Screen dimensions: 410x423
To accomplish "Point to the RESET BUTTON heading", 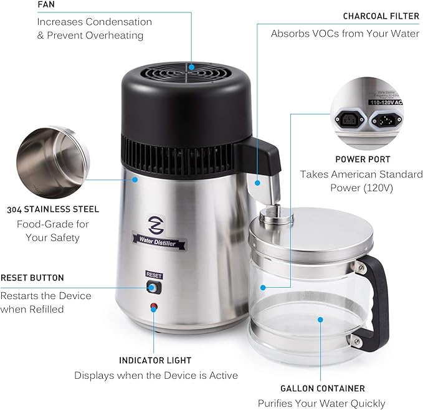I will (32, 277).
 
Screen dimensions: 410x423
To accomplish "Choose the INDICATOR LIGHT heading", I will (155, 360).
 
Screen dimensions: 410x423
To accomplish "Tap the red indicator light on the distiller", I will (154, 307).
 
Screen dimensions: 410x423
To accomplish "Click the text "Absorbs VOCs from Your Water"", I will (345, 34).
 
